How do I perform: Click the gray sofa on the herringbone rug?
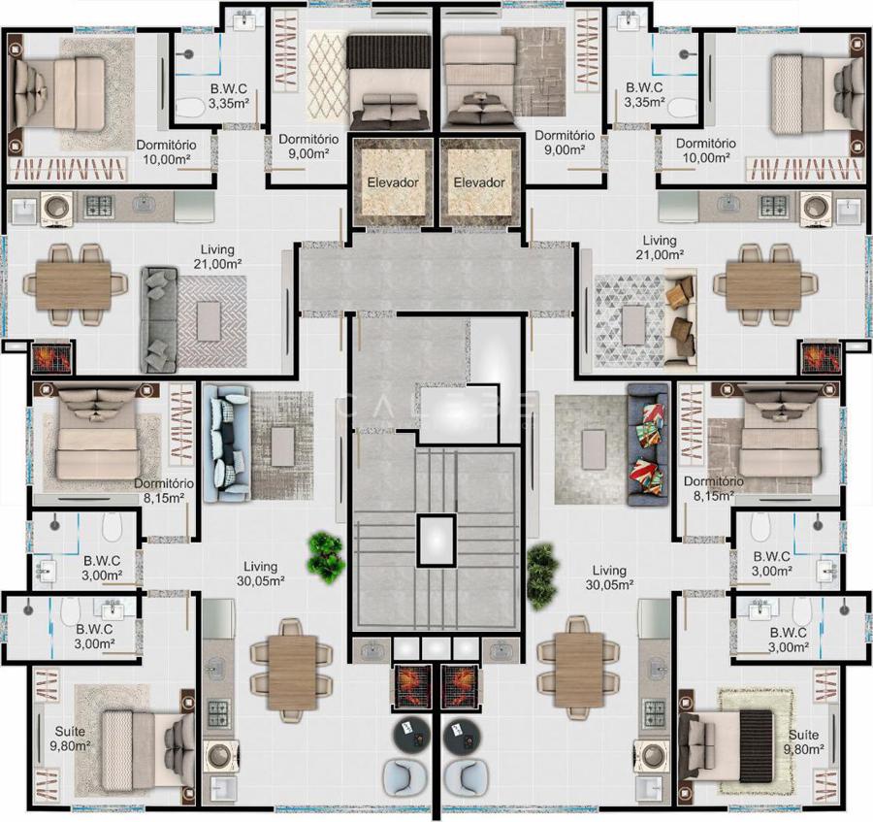159,320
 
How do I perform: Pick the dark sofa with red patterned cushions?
648,444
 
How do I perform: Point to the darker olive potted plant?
541,576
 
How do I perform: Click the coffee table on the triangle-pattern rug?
633,326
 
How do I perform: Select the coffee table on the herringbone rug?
209,321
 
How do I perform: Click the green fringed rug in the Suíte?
755,741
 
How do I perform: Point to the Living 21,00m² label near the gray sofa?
217,257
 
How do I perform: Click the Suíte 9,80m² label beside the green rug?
803,741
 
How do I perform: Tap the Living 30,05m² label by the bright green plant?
260,574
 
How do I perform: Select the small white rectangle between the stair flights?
436,541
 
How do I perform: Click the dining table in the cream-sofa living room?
763,285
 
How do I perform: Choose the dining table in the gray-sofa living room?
74,285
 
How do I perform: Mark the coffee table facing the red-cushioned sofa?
594,449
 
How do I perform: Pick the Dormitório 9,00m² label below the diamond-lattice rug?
308,146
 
